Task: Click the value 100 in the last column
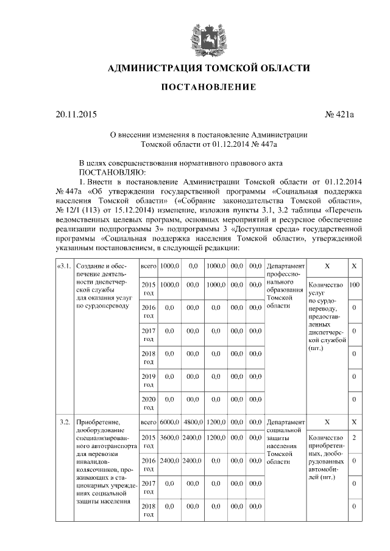tap(354, 285)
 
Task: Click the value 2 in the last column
tap(354, 438)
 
